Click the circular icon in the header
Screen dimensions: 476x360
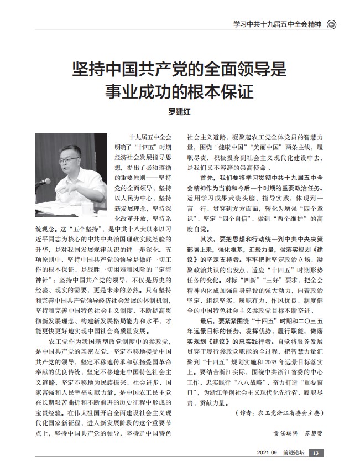pyautogui.click(x=332, y=24)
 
